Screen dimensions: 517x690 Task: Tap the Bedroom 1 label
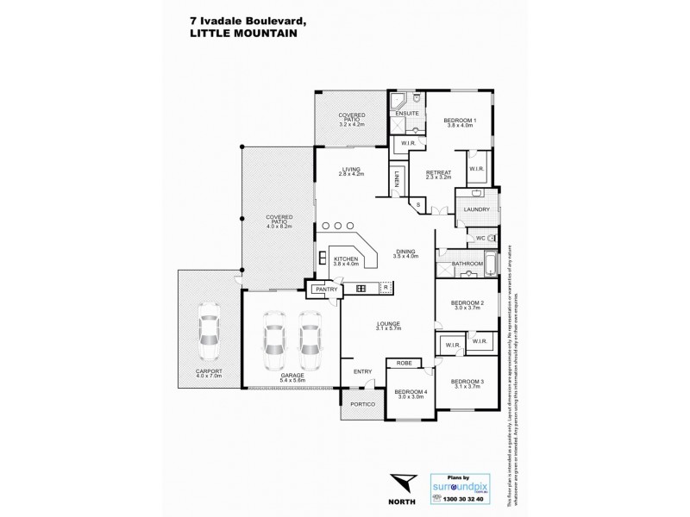460,120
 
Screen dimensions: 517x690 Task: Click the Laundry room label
476,209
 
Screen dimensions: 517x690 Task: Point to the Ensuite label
408,113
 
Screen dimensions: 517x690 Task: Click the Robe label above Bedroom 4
403,364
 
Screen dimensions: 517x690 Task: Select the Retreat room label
438,172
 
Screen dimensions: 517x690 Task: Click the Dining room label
405,251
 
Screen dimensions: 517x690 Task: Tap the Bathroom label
467,263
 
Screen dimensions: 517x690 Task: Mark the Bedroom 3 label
467,381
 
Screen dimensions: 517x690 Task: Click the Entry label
362,371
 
